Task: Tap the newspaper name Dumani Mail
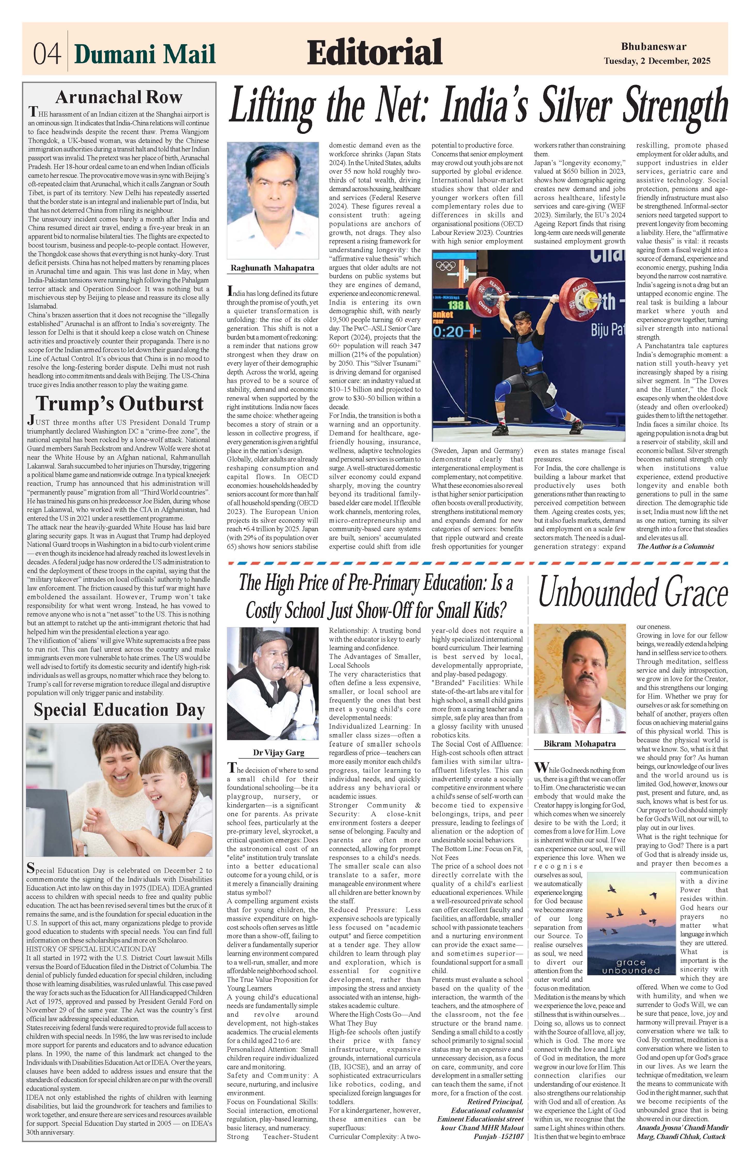pyautogui.click(x=145, y=53)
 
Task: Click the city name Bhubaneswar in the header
pyautogui.click(x=654, y=47)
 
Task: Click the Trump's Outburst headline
pyautogui.click(x=119, y=404)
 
